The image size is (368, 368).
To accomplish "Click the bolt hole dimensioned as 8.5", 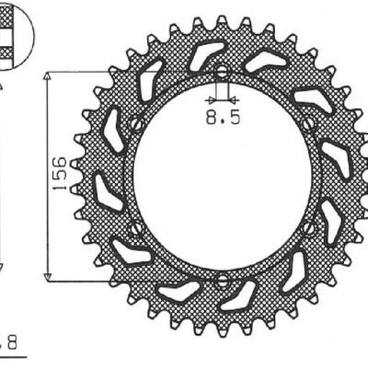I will [x=221, y=71].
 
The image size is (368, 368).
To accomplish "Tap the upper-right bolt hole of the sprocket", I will [x=309, y=122].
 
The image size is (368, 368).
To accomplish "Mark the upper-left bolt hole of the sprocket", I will [x=133, y=122].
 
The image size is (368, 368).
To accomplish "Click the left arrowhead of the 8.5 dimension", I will [x=213, y=97].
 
